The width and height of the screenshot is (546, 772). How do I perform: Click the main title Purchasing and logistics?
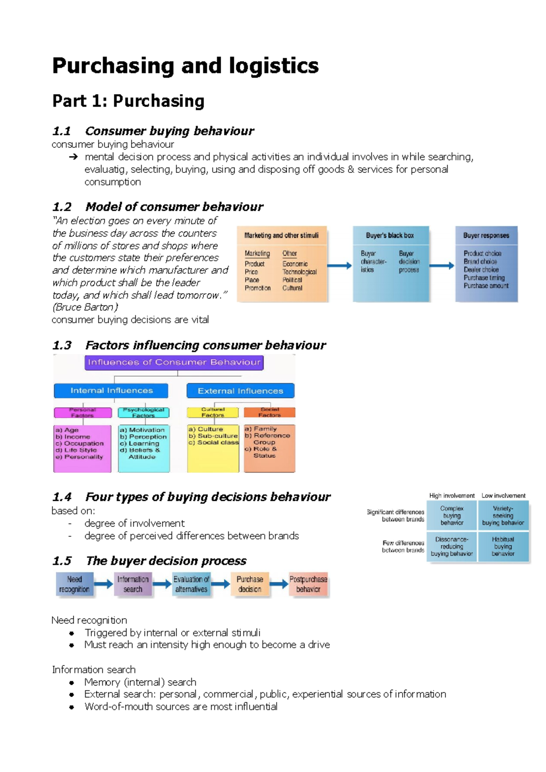pos(185,66)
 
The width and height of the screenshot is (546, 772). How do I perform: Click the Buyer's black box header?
pos(390,235)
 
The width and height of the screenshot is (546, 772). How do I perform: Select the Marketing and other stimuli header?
pos(281,235)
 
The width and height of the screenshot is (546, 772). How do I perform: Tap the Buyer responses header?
pos(486,235)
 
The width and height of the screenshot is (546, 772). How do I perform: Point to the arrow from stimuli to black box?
pos(339,266)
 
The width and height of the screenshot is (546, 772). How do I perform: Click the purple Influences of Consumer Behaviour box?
pos(174,363)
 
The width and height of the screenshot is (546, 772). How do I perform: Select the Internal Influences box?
pos(111,391)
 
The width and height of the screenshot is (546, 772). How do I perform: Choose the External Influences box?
pos(240,391)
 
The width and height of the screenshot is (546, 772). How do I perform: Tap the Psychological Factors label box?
pos(143,413)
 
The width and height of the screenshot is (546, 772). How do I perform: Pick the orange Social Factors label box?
pos(269,413)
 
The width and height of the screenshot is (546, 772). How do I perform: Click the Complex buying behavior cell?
pos(452,515)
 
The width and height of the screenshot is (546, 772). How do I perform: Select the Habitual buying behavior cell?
pos(503,546)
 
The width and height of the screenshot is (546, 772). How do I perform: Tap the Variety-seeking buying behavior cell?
pos(503,515)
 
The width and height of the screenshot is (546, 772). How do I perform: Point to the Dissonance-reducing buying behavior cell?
pos(452,546)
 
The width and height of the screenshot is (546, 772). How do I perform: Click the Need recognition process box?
pos(75,585)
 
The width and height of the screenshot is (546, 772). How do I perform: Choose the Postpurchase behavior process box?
pos(308,585)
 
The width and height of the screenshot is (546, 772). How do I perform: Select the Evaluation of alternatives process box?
pos(191,585)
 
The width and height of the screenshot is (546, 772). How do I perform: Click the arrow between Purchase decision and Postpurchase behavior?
pos(278,584)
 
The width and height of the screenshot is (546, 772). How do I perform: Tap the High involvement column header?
pos(452,495)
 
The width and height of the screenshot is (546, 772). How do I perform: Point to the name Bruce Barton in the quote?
pos(85,307)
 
